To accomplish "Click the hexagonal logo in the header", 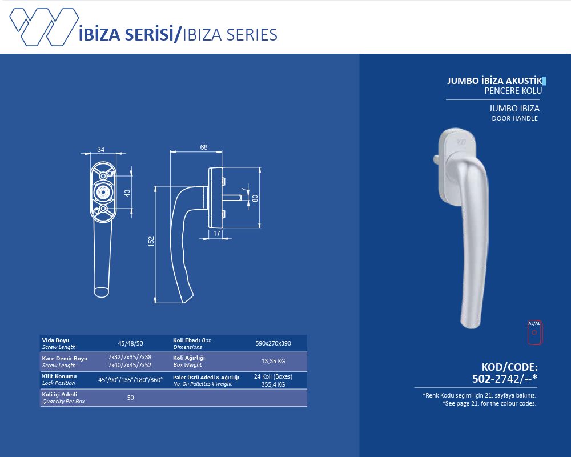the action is click(44, 27).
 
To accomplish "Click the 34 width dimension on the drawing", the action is click(101, 150).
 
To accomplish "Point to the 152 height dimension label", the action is click(151, 242).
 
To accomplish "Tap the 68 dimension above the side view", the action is click(204, 147).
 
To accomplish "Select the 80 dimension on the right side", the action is click(255, 198).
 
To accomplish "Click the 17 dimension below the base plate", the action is click(216, 234).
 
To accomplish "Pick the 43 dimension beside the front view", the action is click(127, 193).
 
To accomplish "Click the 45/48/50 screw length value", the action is click(130, 343).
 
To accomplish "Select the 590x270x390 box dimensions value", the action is click(273, 343).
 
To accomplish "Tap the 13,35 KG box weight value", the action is click(273, 361).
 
